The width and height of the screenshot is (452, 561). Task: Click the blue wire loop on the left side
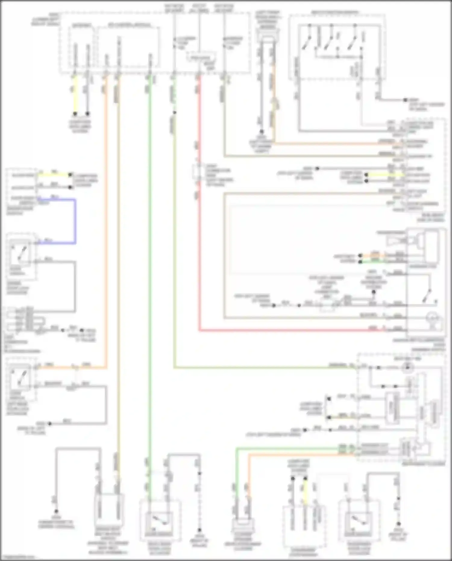75,222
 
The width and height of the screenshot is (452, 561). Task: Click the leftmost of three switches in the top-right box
307,42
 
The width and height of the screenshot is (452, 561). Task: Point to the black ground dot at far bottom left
56,512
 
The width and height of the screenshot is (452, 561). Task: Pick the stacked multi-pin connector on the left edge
29,320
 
